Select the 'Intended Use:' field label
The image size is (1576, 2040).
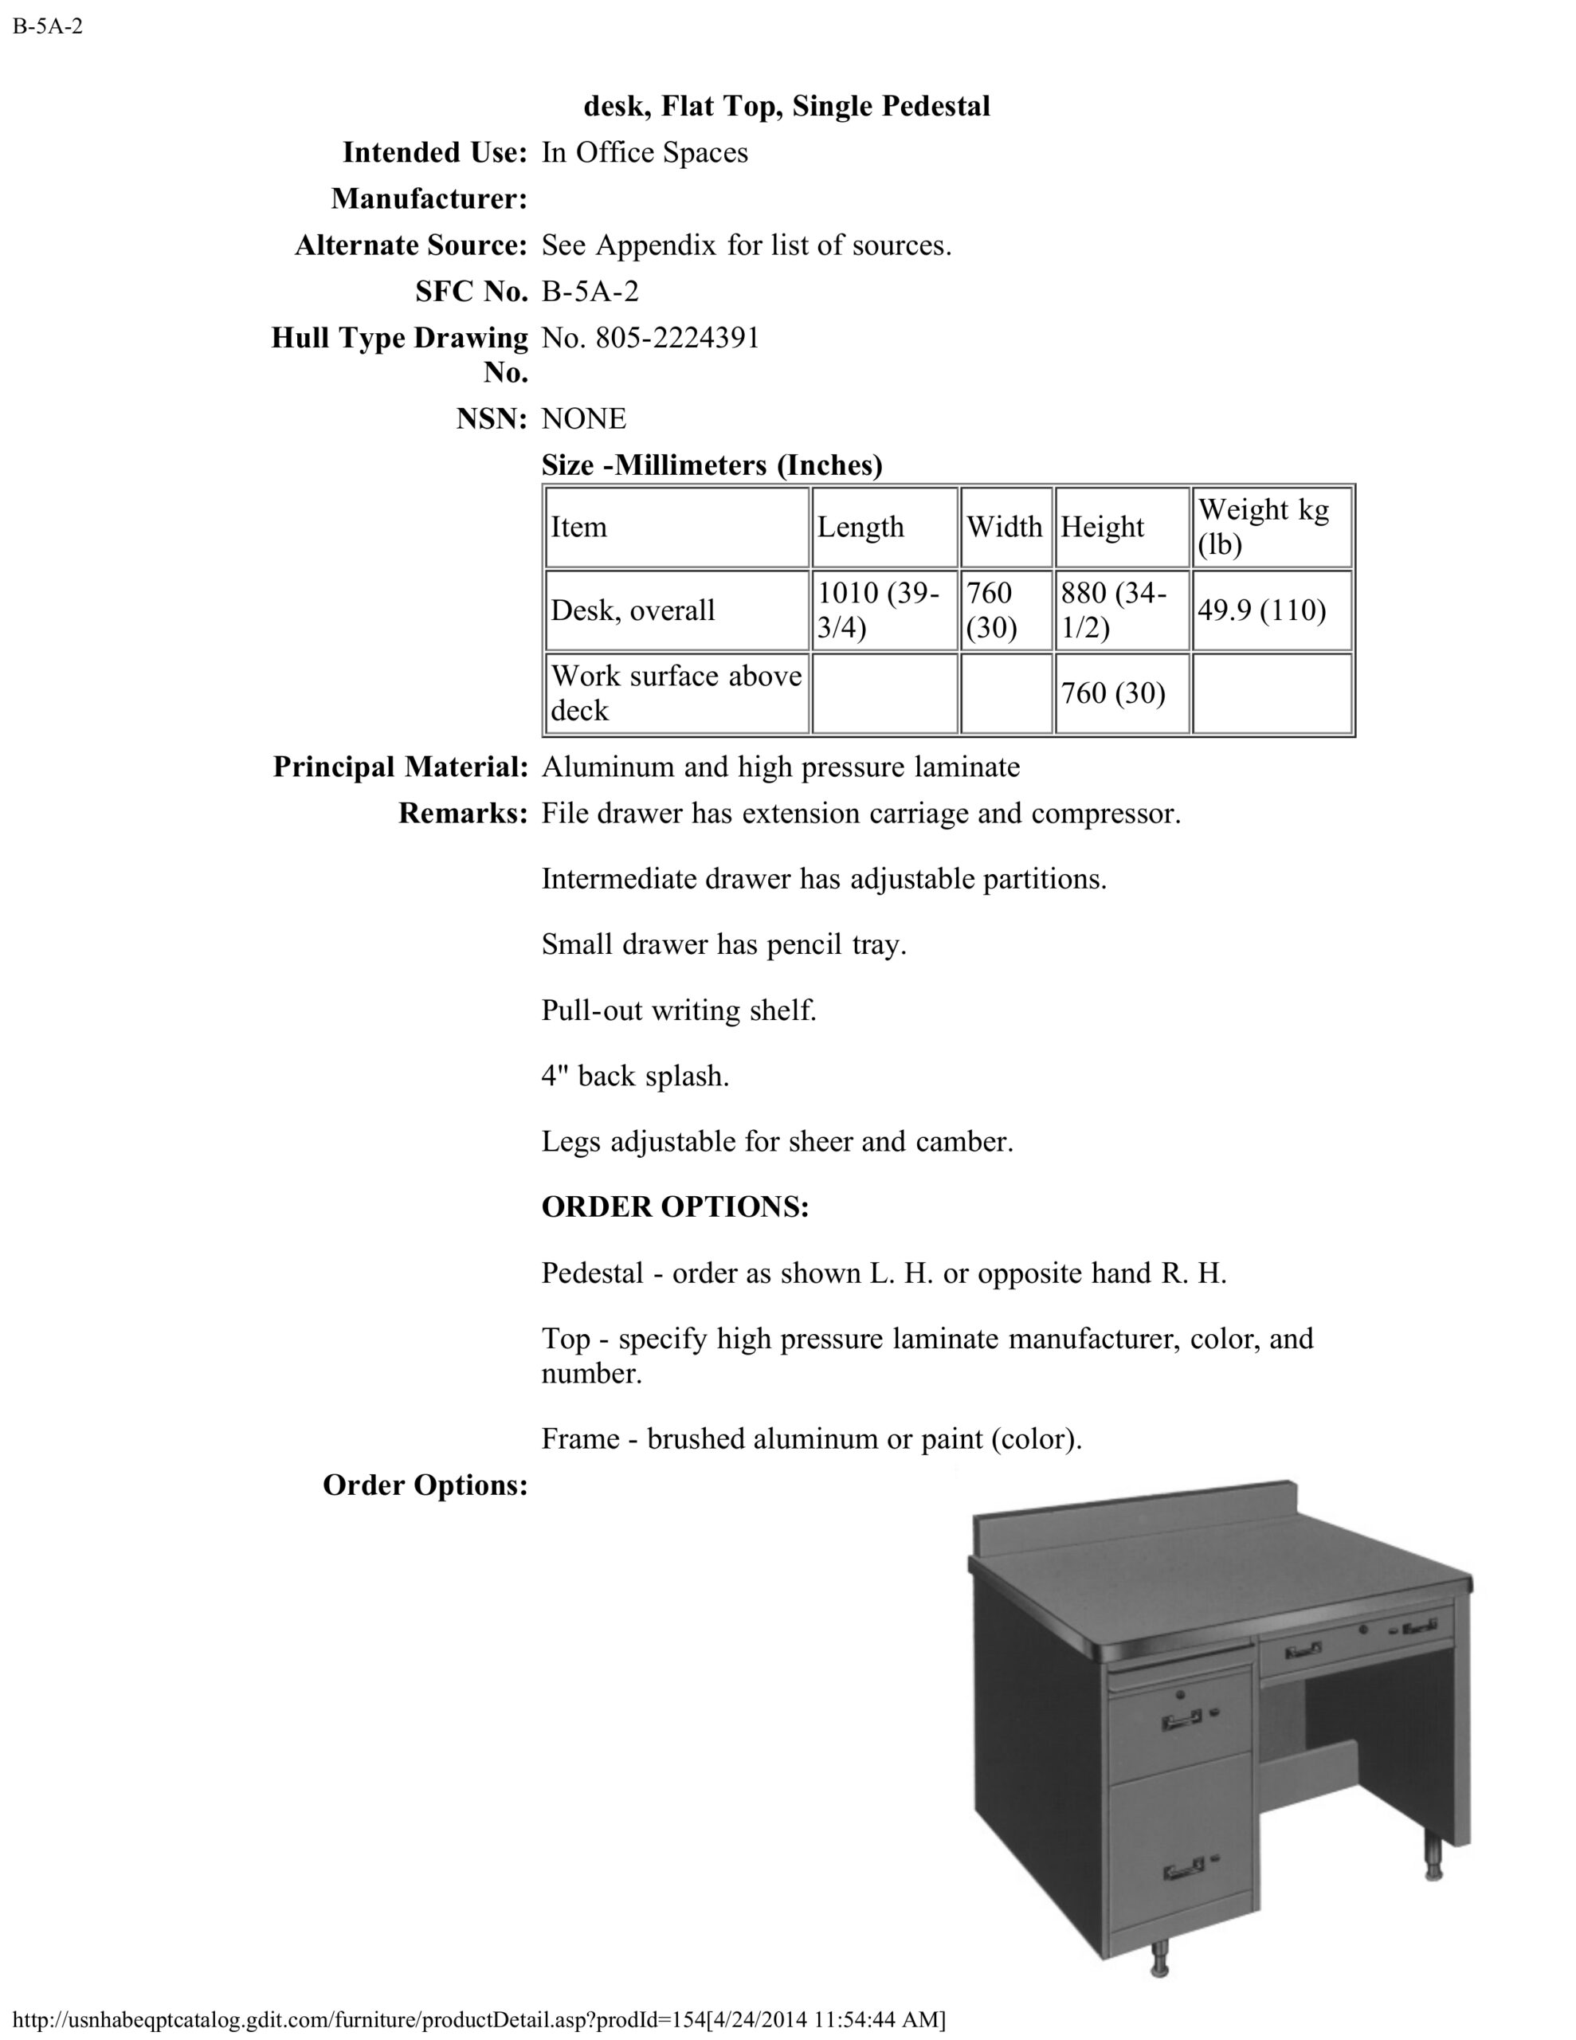(x=434, y=152)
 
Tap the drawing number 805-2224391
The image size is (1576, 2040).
(x=650, y=338)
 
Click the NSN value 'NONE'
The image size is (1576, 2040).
(x=584, y=418)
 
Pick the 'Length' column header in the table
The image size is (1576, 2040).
(x=861, y=527)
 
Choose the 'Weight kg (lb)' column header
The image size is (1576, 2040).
(x=1263, y=527)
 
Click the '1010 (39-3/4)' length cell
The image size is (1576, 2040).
(x=878, y=610)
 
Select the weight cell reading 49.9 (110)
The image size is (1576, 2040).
(x=1261, y=610)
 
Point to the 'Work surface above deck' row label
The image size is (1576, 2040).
(x=676, y=693)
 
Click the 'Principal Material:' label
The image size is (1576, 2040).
(x=401, y=767)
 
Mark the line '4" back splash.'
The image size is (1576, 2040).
(x=635, y=1076)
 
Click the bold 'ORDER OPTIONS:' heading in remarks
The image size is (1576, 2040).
(x=675, y=1206)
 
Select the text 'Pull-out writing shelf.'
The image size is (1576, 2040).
(x=679, y=1010)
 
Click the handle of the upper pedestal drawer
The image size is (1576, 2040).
(x=1182, y=1720)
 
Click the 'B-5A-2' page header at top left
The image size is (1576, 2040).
(x=48, y=26)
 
